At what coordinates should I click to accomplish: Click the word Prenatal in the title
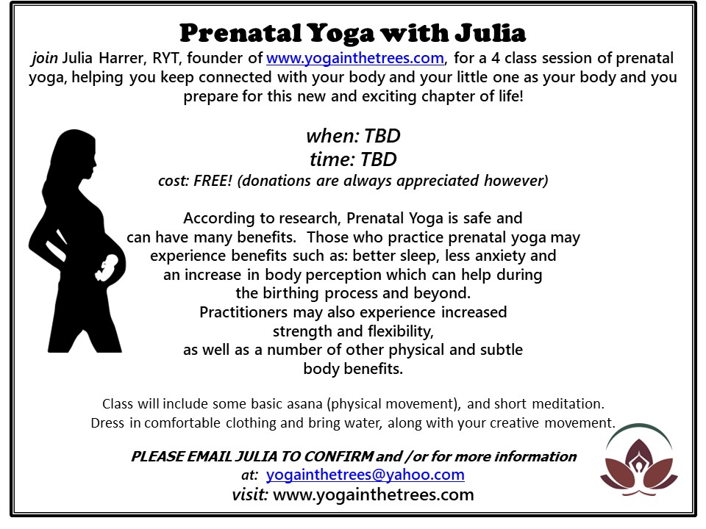pos(240,33)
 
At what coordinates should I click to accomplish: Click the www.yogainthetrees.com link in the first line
pos(354,58)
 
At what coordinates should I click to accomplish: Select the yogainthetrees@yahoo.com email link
pos(366,475)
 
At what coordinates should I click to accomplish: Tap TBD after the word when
pos(382,136)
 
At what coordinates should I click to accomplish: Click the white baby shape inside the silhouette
pos(107,267)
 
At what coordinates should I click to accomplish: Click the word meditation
pos(568,403)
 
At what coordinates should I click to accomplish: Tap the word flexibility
pos(401,331)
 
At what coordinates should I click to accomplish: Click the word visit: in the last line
pos(250,494)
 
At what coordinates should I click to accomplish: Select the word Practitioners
pos(243,312)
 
